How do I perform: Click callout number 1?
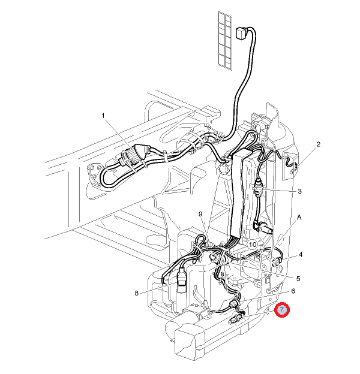pyautogui.click(x=103, y=114)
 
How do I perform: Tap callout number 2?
pyautogui.click(x=319, y=144)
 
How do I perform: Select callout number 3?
pyautogui.click(x=299, y=192)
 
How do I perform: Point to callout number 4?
pyautogui.click(x=301, y=254)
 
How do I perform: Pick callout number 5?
pyautogui.click(x=298, y=278)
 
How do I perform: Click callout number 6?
pyautogui.click(x=293, y=291)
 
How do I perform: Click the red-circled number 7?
pyautogui.click(x=282, y=310)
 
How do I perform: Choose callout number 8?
pyautogui.click(x=137, y=293)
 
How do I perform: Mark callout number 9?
pyautogui.click(x=201, y=214)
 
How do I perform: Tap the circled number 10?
pyautogui.click(x=253, y=245)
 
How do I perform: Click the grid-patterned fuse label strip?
pyautogui.click(x=224, y=41)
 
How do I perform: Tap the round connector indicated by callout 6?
pyautogui.click(x=235, y=306)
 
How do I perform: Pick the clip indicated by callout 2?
pyautogui.click(x=292, y=162)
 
